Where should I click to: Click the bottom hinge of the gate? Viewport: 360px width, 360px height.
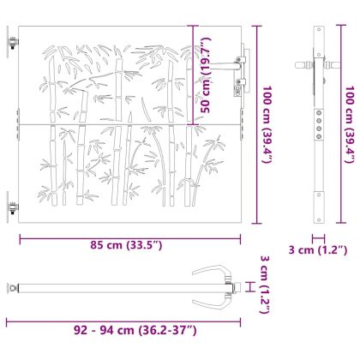(12, 206)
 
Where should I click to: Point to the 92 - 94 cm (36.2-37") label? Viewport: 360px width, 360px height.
(128, 329)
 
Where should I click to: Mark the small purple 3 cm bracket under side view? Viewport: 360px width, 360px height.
(318, 239)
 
